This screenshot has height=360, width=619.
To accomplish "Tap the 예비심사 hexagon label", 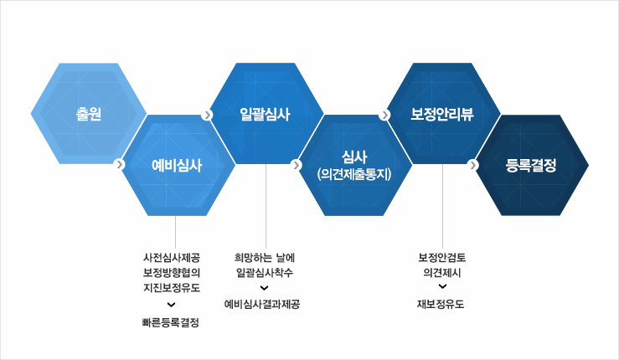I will tap(177, 165).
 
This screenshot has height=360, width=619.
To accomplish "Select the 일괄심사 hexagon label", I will tap(265, 114).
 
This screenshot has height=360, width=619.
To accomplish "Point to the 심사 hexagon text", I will tap(354, 157).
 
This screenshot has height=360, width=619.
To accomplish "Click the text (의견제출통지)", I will tap(354, 173).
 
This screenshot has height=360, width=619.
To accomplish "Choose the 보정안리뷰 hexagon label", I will tap(442, 114).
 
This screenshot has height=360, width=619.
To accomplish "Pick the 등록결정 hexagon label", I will tap(531, 165).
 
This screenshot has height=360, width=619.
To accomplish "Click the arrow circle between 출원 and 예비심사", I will tap(121, 164).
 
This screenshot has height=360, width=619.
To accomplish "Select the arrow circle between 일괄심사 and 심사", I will tap(297, 165).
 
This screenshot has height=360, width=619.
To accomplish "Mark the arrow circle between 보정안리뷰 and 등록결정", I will tap(473, 165).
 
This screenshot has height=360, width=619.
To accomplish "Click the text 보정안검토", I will tap(441, 257).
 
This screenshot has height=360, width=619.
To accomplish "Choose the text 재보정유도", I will tap(441, 304).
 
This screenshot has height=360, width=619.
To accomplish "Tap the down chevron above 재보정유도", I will tap(441, 288).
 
